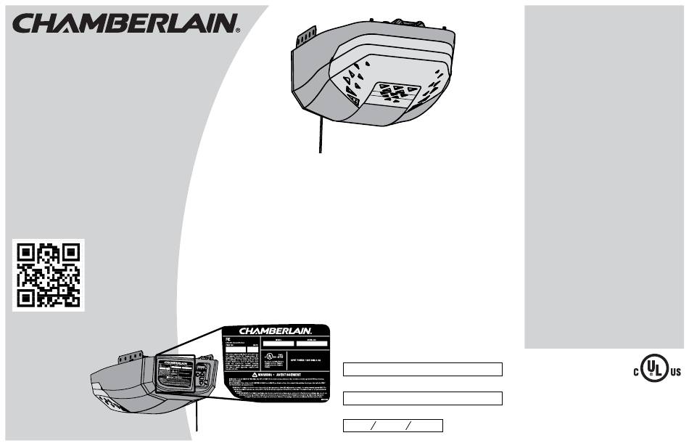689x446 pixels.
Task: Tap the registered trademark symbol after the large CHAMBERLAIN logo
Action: click(239, 31)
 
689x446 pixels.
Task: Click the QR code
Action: click(49, 275)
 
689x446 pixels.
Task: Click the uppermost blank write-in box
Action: click(423, 369)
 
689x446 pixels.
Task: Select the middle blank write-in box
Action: click(423, 398)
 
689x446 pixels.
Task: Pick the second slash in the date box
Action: click(408, 426)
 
